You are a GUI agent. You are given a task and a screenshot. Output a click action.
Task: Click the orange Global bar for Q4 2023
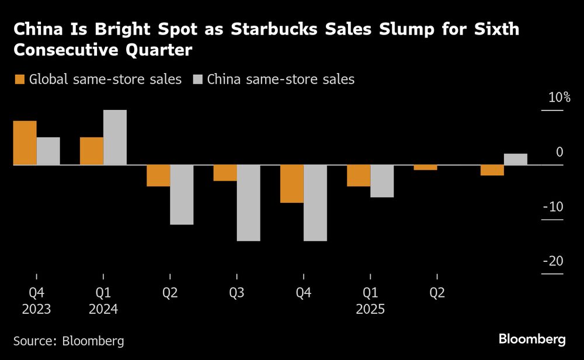point(25,143)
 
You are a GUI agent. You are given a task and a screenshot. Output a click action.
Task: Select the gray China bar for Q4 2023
point(48,151)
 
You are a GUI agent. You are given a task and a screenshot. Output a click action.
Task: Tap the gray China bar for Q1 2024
point(114,137)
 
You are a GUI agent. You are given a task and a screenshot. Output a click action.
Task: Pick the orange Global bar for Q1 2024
point(91,151)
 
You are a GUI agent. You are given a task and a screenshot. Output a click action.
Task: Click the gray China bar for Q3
point(248,203)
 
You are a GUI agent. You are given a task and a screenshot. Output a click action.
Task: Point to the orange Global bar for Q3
point(225,173)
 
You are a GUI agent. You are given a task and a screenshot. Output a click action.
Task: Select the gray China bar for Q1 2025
point(382,181)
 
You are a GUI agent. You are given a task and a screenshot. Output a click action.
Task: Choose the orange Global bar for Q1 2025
point(359,176)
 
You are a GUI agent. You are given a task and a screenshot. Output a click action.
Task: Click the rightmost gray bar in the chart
point(515,160)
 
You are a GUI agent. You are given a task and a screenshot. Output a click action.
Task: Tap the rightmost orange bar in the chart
point(492,170)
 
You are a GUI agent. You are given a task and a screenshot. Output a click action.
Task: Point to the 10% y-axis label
point(558,98)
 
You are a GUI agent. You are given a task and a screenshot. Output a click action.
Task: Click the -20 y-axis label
point(552,261)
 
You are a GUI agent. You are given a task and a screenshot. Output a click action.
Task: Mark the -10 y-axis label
point(552,207)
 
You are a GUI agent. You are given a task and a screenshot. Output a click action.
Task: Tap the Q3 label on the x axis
point(237,293)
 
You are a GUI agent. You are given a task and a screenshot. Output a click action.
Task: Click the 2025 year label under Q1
point(370,309)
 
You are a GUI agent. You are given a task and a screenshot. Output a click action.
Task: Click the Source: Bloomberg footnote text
point(69,341)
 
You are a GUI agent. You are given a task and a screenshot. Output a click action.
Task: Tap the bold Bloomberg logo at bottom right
point(532,339)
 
